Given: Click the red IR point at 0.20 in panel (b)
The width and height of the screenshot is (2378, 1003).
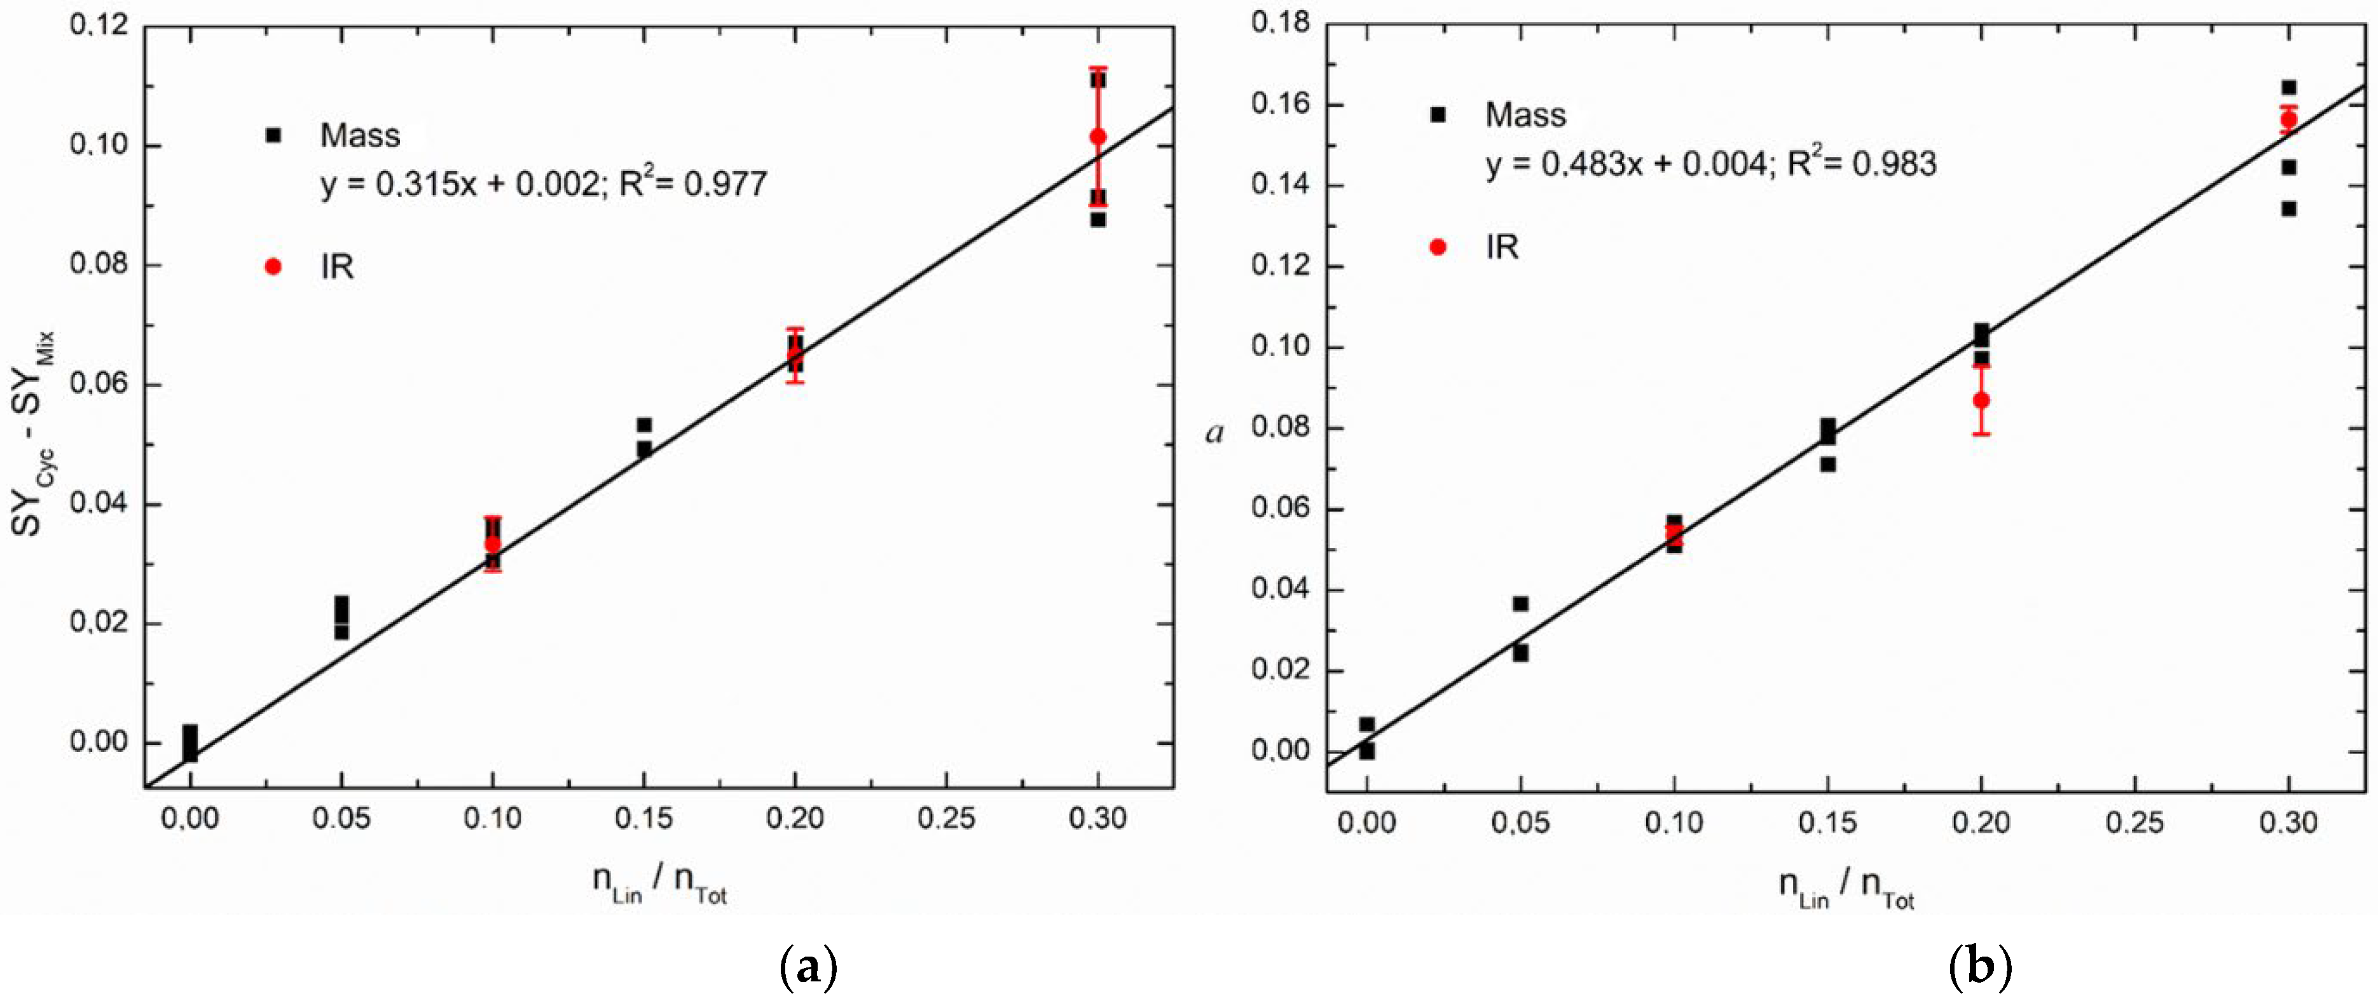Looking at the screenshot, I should coord(1981,400).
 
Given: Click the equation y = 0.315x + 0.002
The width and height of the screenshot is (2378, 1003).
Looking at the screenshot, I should coord(460,184).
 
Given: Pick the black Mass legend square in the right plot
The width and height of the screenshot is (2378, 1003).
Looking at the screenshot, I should coord(1438,114).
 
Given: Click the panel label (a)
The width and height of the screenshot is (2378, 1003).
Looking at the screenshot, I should coord(809,968).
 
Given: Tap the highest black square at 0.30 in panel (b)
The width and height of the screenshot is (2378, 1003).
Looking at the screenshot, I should coord(2288,88).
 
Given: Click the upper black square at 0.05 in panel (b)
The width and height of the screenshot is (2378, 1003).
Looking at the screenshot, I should coord(1520,603).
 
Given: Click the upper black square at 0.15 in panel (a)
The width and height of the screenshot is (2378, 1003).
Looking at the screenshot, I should coord(644,425).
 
